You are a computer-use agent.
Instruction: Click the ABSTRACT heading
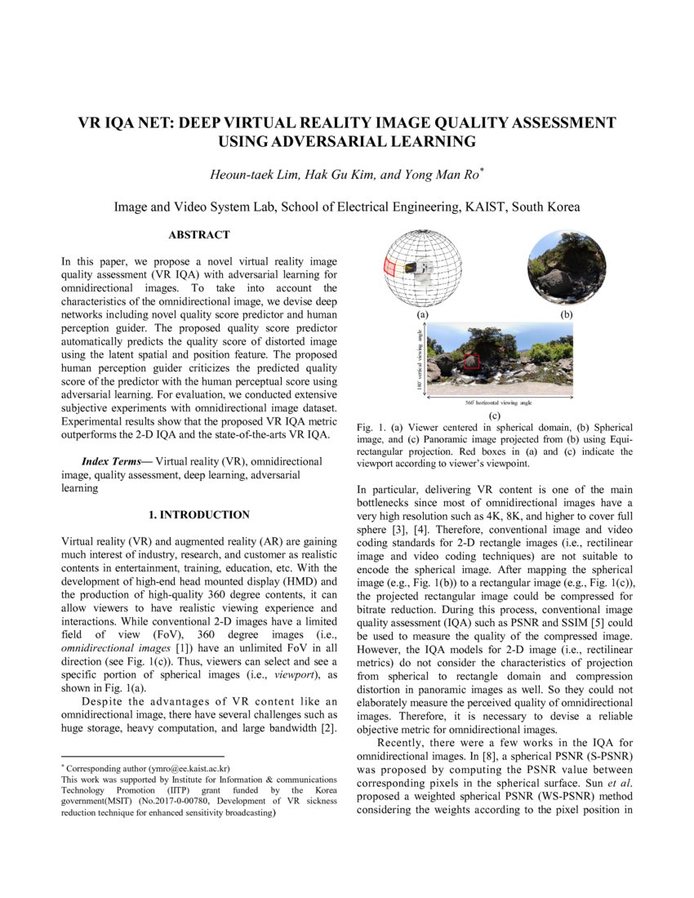[x=199, y=235]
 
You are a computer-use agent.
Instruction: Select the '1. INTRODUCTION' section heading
[x=199, y=515]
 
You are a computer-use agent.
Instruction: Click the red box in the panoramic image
[x=471, y=362]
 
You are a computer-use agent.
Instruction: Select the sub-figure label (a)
[x=422, y=313]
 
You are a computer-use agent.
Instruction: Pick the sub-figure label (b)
[x=565, y=313]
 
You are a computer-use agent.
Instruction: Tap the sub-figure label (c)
[x=494, y=416]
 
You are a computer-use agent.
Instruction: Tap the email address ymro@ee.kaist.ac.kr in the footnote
[x=189, y=768]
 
